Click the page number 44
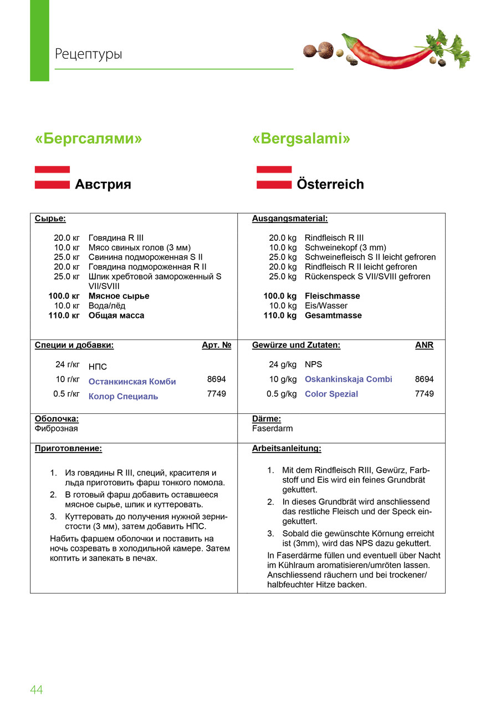[x=37, y=689]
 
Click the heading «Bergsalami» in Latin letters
[x=301, y=139]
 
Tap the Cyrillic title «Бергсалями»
[x=89, y=139]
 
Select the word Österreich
[x=330, y=184]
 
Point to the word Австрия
[x=103, y=184]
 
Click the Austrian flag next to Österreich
[x=274, y=177]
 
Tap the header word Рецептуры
[x=89, y=54]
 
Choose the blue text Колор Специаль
[x=123, y=397]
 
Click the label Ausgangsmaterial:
[x=290, y=219]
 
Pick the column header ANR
[x=424, y=345]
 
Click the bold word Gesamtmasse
[x=333, y=316]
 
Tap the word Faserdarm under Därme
[x=272, y=429]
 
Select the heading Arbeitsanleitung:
[x=287, y=448]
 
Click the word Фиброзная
[x=57, y=429]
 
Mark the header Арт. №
[x=216, y=345]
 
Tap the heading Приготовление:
[x=68, y=448]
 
